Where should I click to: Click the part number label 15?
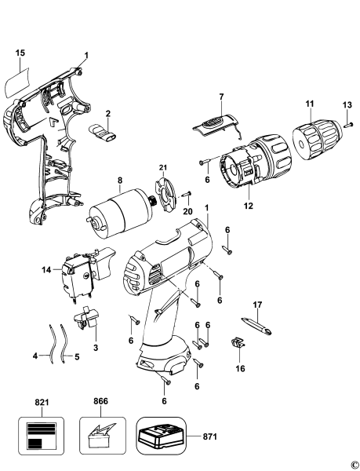(x=20, y=53)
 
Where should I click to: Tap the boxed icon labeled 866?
(x=100, y=434)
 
